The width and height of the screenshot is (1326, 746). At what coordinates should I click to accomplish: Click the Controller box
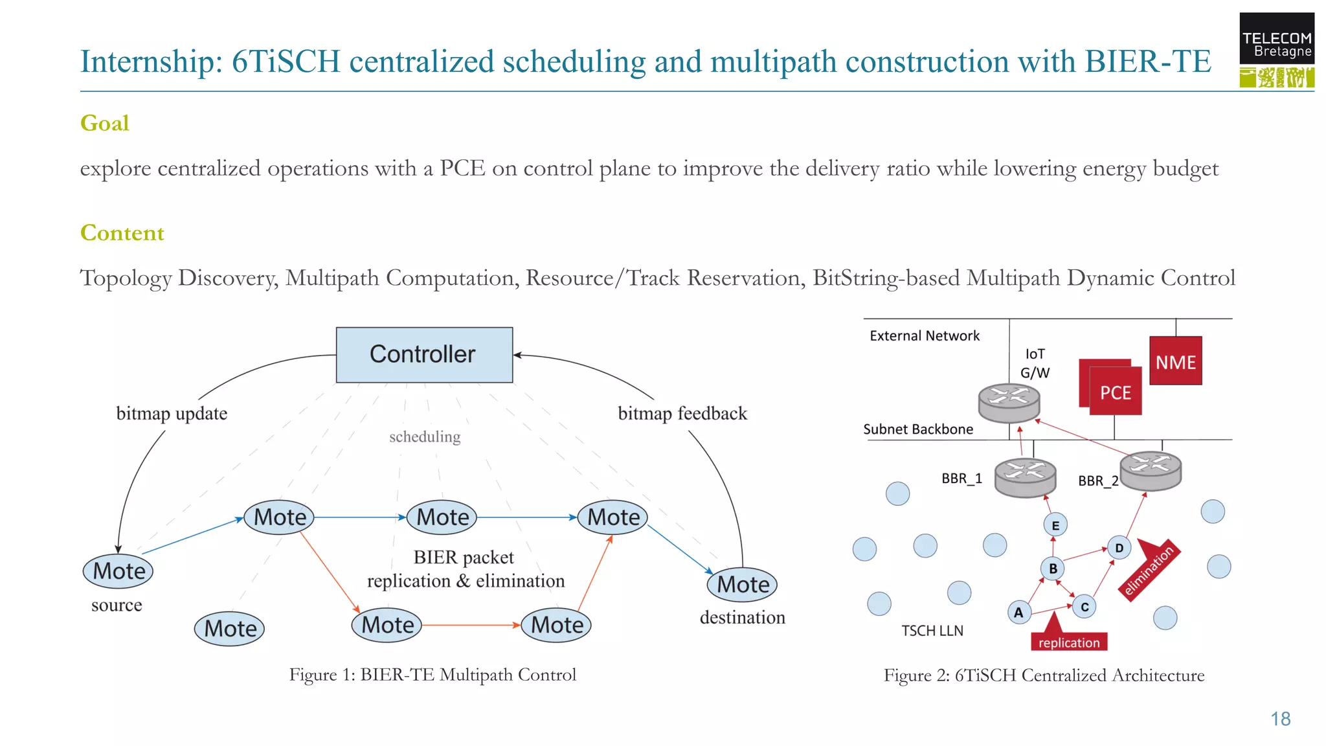point(424,355)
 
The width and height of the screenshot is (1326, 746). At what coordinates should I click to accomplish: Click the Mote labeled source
point(118,571)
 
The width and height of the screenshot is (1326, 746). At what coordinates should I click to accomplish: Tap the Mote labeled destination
point(742,585)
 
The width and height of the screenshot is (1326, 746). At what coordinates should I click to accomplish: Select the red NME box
point(1175,361)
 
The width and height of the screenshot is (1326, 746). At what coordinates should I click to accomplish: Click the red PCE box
point(1115,391)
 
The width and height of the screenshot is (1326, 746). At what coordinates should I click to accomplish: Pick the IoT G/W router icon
point(1009,402)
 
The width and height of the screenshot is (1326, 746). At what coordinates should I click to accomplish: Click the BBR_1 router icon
point(1025,477)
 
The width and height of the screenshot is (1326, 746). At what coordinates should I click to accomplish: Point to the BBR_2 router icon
point(1151,470)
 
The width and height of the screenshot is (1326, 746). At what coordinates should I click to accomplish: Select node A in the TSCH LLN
point(1018,612)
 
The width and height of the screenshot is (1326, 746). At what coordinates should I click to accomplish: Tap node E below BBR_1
point(1055,525)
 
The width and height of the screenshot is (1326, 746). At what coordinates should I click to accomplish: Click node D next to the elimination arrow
point(1119,548)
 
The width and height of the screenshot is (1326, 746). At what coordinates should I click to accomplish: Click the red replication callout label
point(1069,642)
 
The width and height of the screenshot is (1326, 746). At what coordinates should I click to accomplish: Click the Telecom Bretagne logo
point(1276,50)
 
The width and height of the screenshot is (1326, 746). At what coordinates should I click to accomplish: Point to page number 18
point(1280,719)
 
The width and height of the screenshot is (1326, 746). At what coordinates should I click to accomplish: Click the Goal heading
point(105,123)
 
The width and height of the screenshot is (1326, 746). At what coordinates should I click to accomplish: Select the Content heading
point(122,233)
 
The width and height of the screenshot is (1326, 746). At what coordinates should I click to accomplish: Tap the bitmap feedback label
point(682,413)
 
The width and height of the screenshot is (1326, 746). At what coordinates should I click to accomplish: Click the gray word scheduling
point(425,437)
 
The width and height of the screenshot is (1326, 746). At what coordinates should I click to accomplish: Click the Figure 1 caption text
point(433,675)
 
